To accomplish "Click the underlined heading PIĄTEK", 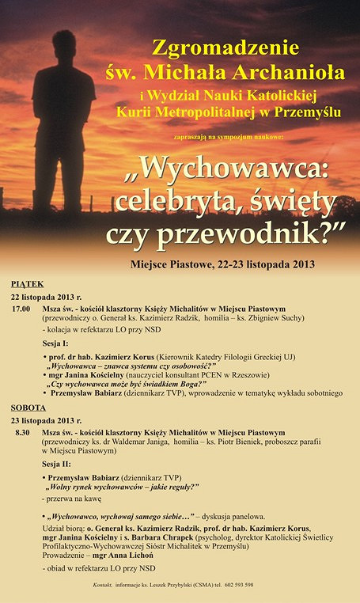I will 28,283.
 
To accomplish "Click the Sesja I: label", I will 55,343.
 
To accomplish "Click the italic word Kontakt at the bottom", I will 104,585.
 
